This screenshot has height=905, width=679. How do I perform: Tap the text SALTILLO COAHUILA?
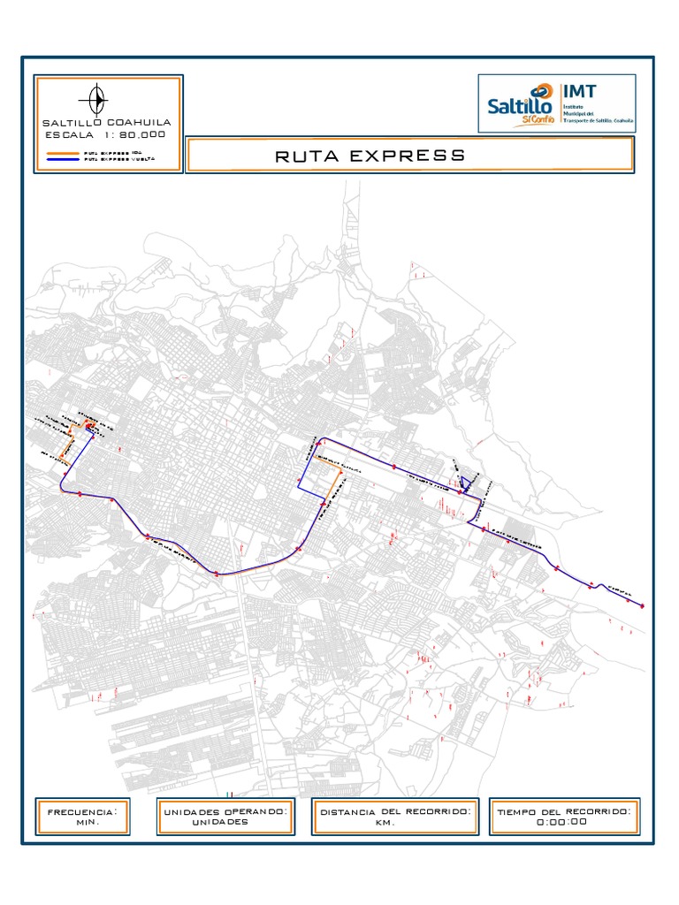pyautogui.click(x=108, y=121)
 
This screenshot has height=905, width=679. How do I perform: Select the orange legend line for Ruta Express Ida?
pyautogui.click(x=61, y=152)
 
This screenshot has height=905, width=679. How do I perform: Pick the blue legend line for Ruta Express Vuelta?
pyautogui.click(x=61, y=159)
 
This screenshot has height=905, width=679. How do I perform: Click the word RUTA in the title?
pyautogui.click(x=306, y=156)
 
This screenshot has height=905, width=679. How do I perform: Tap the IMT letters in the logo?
pyautogui.click(x=579, y=91)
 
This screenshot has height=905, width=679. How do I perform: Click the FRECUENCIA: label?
pyautogui.click(x=81, y=810)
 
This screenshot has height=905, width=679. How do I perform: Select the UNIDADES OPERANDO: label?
pyautogui.click(x=224, y=810)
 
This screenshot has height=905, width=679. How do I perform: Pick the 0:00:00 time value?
pyautogui.click(x=561, y=822)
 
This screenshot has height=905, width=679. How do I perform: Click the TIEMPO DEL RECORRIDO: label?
pyautogui.click(x=564, y=810)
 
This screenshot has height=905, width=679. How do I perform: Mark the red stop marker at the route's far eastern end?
pyautogui.click(x=642, y=605)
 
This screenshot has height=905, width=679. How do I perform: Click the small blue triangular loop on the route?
pyautogui.click(x=464, y=483)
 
